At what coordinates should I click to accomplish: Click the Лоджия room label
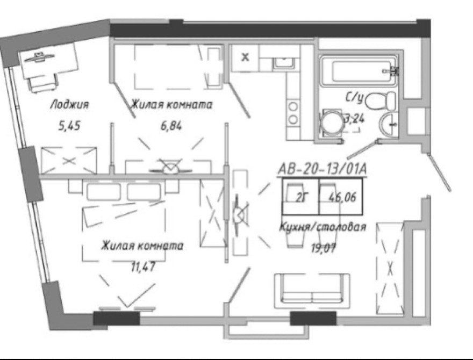point(70,105)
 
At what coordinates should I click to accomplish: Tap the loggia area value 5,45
point(69,125)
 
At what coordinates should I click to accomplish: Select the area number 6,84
point(171,125)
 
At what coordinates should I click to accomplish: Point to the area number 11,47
point(143,267)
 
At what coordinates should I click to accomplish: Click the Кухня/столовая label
point(323,226)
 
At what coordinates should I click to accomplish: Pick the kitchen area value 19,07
point(323,248)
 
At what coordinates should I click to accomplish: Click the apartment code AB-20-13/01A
point(322,169)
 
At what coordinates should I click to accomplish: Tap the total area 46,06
point(342,197)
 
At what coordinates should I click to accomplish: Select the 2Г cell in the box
point(300,198)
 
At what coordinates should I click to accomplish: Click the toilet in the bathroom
point(380,101)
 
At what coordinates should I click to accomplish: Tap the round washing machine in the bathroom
point(331,124)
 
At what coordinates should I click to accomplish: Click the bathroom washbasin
point(389,124)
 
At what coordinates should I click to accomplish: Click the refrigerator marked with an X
point(245,57)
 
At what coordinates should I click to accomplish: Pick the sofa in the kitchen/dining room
point(312,291)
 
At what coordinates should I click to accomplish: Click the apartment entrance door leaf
point(440,172)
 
